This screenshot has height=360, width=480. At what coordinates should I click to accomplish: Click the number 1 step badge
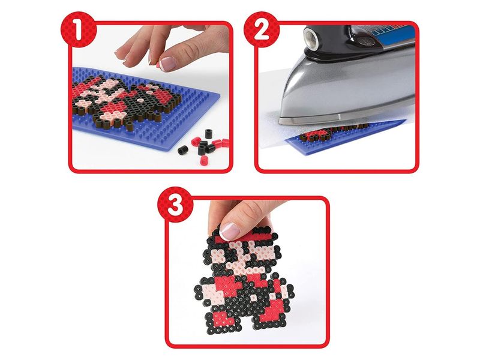[79, 29]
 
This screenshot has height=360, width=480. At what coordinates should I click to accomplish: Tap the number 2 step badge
[262, 29]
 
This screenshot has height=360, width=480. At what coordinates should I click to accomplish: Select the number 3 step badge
[175, 205]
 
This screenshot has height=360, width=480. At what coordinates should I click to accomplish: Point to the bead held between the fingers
[158, 64]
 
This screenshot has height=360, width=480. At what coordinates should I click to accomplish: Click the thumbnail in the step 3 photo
[229, 231]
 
